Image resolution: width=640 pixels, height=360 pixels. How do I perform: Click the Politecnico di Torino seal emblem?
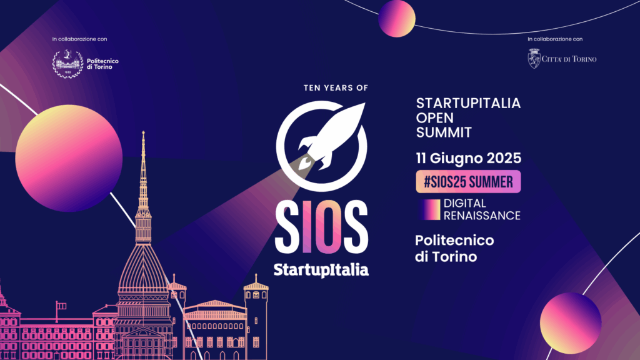[67, 64]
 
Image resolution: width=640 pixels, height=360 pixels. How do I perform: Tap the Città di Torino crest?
[534, 58]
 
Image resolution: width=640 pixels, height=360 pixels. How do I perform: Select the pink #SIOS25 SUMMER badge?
[468, 182]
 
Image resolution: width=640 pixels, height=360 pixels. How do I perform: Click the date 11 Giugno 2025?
[469, 158]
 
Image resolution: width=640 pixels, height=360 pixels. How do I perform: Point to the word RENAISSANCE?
[482, 216]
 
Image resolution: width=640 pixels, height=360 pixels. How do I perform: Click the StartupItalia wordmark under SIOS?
[321, 270]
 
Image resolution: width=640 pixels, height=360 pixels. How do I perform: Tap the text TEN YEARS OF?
[336, 87]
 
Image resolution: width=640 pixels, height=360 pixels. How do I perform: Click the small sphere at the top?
[397, 19]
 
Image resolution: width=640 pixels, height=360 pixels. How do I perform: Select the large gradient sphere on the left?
[69, 158]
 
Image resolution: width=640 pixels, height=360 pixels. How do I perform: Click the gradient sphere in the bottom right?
[571, 323]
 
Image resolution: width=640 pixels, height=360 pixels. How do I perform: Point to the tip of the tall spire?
[143, 131]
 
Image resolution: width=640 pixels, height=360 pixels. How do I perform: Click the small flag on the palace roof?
[61, 306]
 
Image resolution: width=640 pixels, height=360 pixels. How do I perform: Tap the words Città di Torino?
[569, 59]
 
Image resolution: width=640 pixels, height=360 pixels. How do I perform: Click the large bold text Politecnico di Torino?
[454, 248]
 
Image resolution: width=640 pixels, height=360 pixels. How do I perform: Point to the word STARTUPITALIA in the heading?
[468, 103]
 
